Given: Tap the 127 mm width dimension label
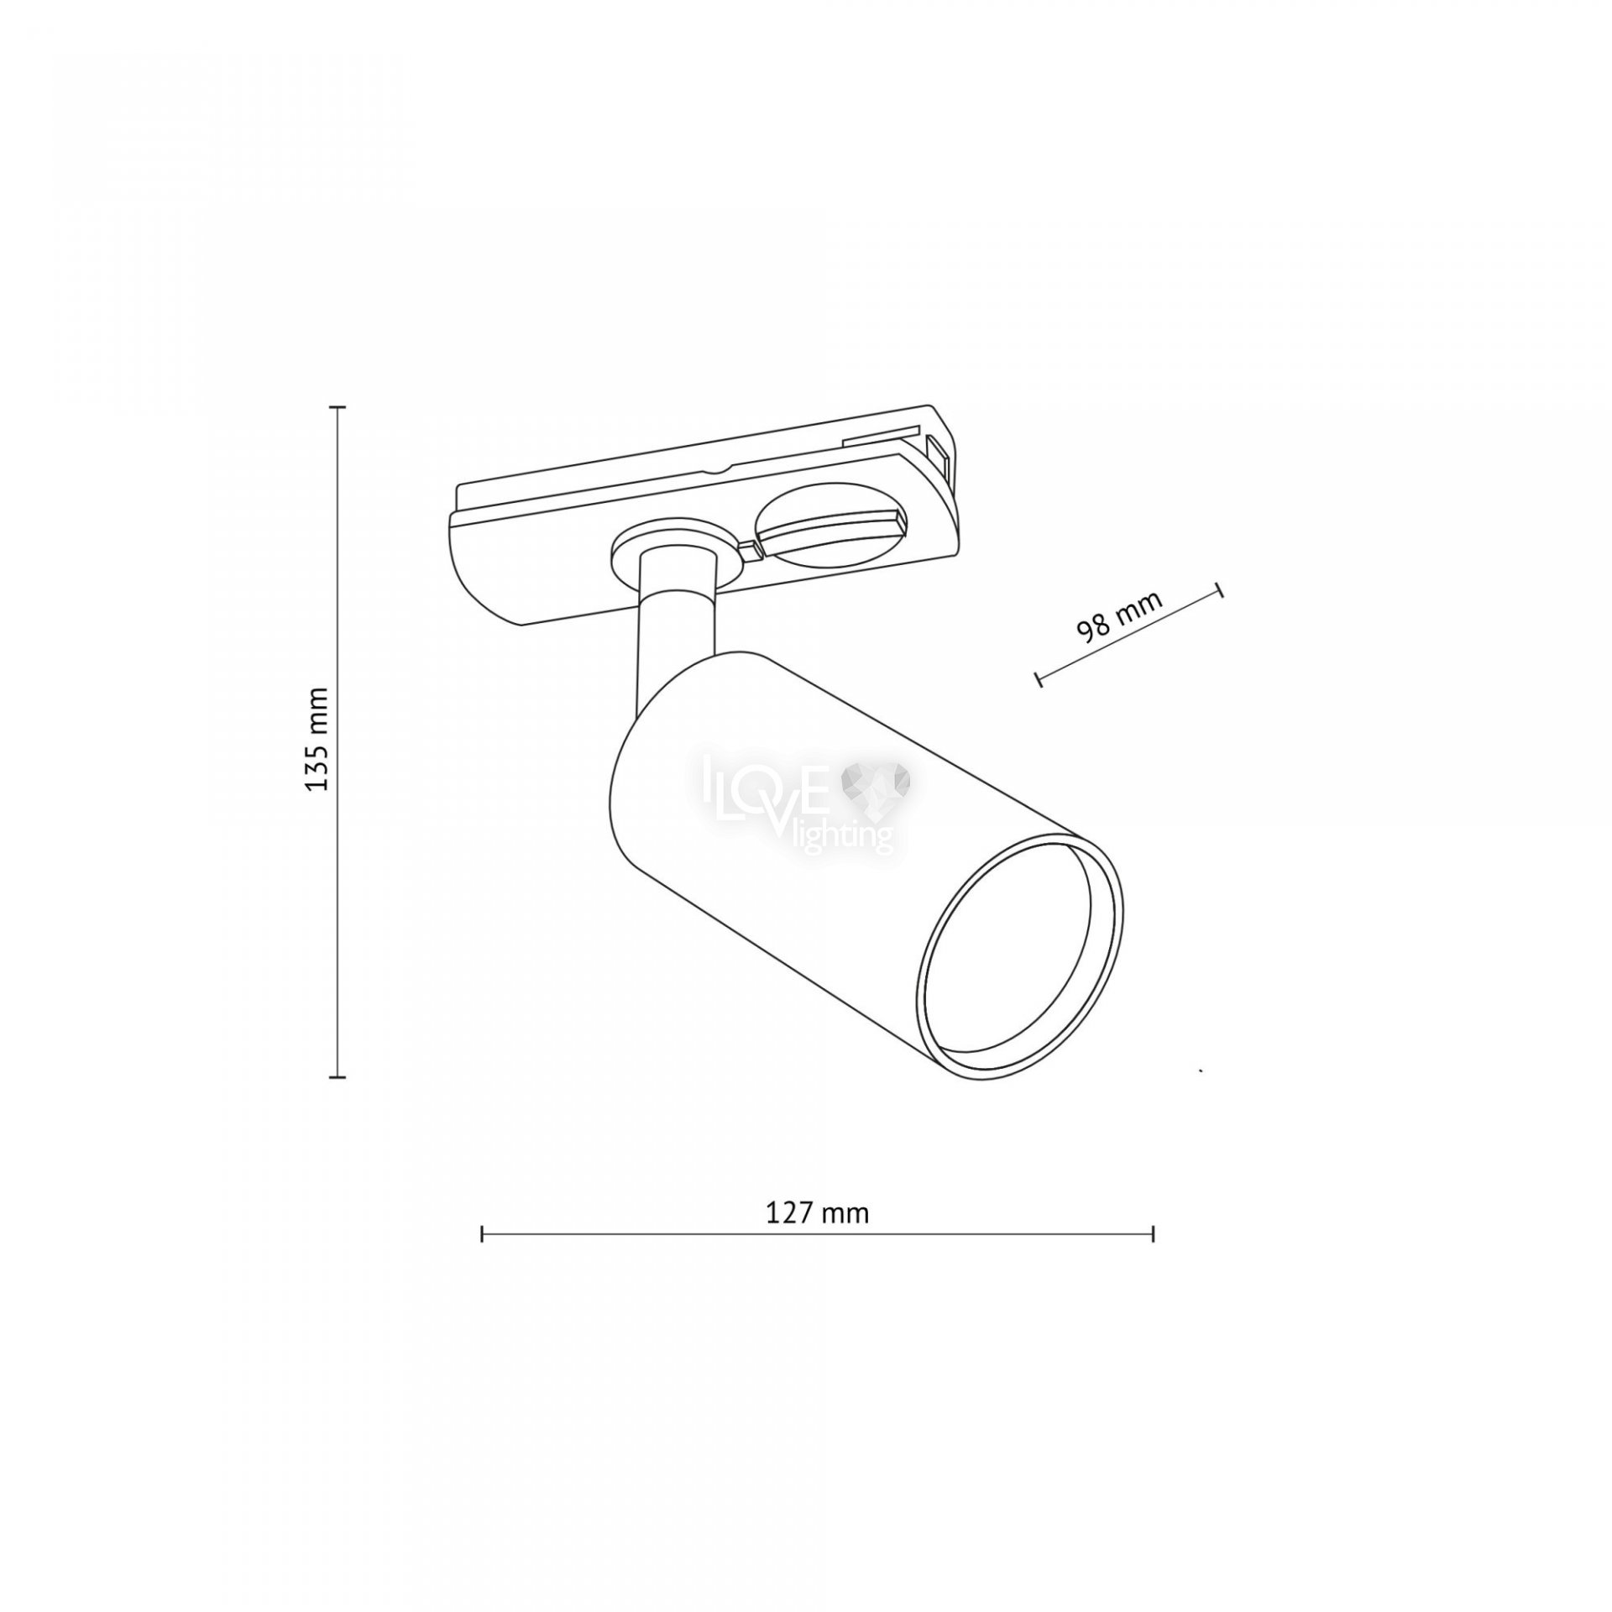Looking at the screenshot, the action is (817, 1212).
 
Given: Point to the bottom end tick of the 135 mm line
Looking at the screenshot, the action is (338, 1076).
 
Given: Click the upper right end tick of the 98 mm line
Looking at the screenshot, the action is (1219, 589).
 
